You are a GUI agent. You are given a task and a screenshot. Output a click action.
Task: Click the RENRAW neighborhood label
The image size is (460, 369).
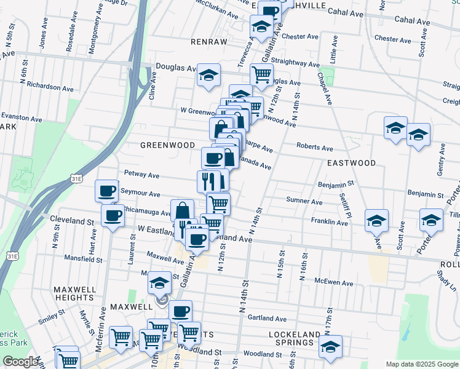click(209, 42)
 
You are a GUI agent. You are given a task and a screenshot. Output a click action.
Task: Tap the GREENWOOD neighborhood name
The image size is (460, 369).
click(163, 145)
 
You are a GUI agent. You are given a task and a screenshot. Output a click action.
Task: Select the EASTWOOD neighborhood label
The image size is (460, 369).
click(351, 163)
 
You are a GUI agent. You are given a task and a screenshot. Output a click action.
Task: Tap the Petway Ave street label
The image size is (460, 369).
click(141, 175)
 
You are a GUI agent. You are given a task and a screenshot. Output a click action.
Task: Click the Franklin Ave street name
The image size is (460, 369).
click(330, 221)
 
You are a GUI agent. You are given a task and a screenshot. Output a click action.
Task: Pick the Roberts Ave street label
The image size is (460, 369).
click(314, 148)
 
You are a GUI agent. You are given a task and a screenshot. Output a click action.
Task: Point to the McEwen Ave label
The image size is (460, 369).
click(333, 283)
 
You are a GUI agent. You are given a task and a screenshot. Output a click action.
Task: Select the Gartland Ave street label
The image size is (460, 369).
click(267, 319)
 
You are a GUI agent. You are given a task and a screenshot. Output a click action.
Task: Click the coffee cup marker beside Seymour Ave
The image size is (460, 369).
click(106, 191)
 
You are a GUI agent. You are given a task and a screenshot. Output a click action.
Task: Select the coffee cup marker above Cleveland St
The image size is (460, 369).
click(113, 216)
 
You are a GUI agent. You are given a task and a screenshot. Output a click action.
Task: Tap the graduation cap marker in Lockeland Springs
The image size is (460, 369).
click(330, 347)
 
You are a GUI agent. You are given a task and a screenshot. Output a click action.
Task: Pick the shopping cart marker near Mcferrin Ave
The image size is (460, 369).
click(121, 337)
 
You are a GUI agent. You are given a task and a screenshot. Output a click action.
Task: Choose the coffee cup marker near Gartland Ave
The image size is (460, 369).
click(180, 312)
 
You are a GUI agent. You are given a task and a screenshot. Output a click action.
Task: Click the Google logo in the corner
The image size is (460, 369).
click(21, 362)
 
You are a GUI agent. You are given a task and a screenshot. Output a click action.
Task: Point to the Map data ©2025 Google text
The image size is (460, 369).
click(422, 364)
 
